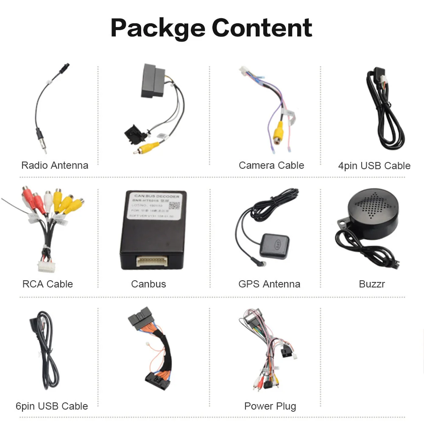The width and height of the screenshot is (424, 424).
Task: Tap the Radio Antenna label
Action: (x=55, y=165)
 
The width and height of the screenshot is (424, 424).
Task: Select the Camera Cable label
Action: (x=271, y=165)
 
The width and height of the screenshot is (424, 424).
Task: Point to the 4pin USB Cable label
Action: (x=374, y=166)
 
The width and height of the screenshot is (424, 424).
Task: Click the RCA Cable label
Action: (x=47, y=284)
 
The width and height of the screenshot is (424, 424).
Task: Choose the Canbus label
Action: (x=148, y=284)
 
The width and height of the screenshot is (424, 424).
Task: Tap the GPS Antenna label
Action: (x=269, y=284)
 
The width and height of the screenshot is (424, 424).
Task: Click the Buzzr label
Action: (x=372, y=284)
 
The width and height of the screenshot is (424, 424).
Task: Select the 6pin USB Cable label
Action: (x=52, y=406)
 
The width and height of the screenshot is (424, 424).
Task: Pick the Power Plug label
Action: (x=270, y=406)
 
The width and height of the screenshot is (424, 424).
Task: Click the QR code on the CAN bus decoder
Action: (x=174, y=205)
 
